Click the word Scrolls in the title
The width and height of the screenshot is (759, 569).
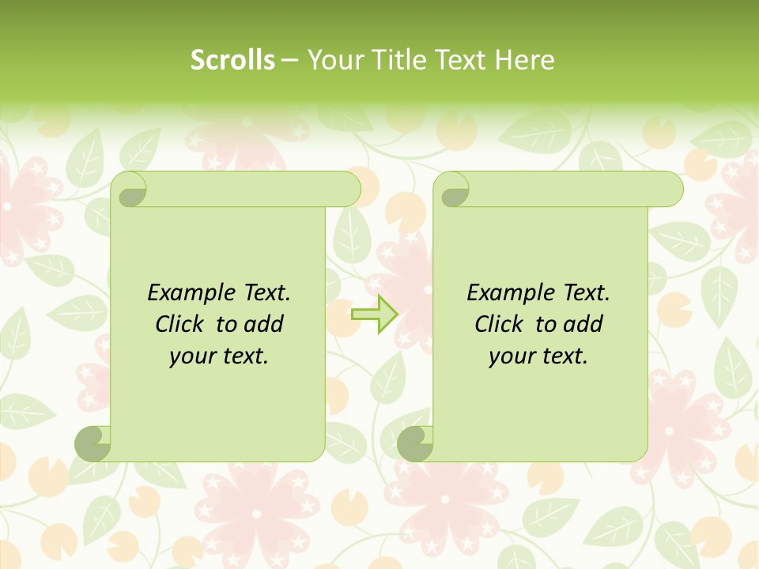[x=233, y=60]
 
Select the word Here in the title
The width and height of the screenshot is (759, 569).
[x=523, y=60]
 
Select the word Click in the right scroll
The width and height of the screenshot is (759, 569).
[x=500, y=324]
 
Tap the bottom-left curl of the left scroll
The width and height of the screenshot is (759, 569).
[x=93, y=444]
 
